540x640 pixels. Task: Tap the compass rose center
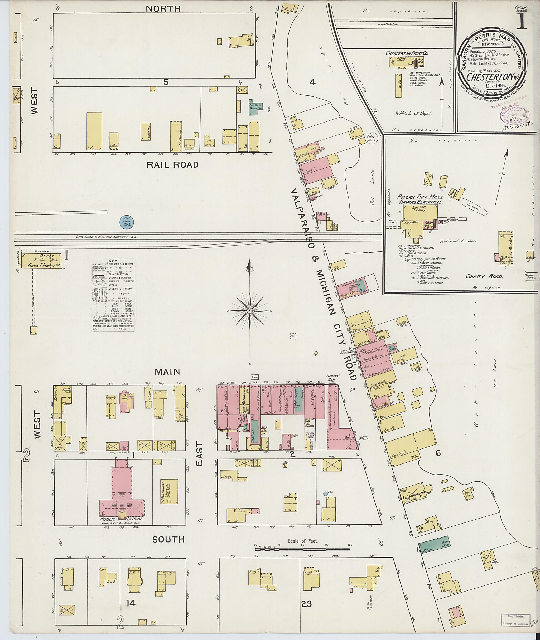pyautogui.click(x=250, y=311)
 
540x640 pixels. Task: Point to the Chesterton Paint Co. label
pyautogui.click(x=407, y=53)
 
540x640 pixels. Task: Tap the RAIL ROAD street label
pyautogui.click(x=172, y=165)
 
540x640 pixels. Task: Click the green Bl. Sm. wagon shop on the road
pyautogui.click(x=434, y=544)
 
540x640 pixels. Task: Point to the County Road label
pyautogui.click(x=484, y=276)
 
